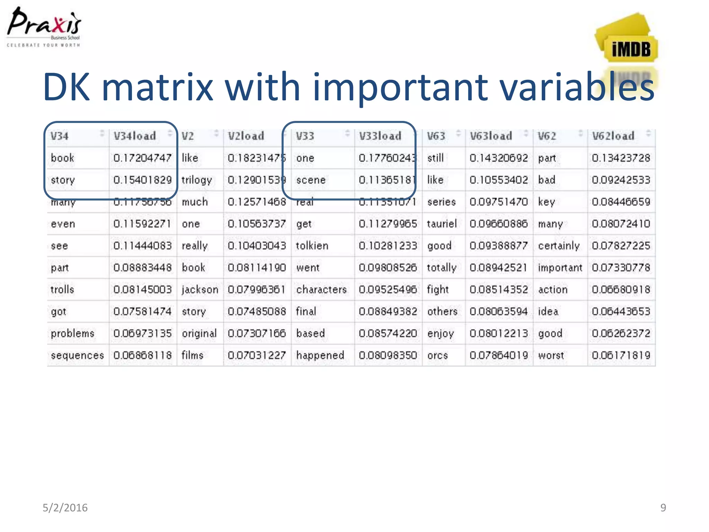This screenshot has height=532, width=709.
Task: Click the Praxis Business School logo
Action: (x=44, y=27)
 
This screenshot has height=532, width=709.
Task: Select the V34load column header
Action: (x=135, y=136)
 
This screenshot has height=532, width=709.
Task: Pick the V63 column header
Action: (x=436, y=136)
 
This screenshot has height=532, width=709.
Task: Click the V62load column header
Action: (x=613, y=136)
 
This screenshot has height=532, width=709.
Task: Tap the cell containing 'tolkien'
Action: (x=312, y=246)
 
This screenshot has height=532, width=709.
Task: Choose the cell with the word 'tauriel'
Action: (x=442, y=224)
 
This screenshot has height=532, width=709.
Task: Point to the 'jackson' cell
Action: (x=200, y=290)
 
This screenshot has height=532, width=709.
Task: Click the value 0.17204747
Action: (x=142, y=158)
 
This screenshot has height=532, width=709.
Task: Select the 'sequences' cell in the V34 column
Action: (x=77, y=355)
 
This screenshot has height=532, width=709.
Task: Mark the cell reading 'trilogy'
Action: (x=197, y=180)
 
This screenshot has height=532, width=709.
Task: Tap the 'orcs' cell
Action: (x=437, y=355)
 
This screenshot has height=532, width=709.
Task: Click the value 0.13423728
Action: (x=621, y=158)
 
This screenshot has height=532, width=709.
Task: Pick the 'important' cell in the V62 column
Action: (x=560, y=268)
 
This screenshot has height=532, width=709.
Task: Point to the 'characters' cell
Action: (x=321, y=290)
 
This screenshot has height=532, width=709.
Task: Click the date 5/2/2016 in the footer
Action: (x=65, y=507)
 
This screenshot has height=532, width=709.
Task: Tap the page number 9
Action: (x=663, y=507)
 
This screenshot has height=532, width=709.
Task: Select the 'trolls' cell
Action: (x=62, y=290)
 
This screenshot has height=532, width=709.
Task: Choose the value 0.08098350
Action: (x=388, y=355)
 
